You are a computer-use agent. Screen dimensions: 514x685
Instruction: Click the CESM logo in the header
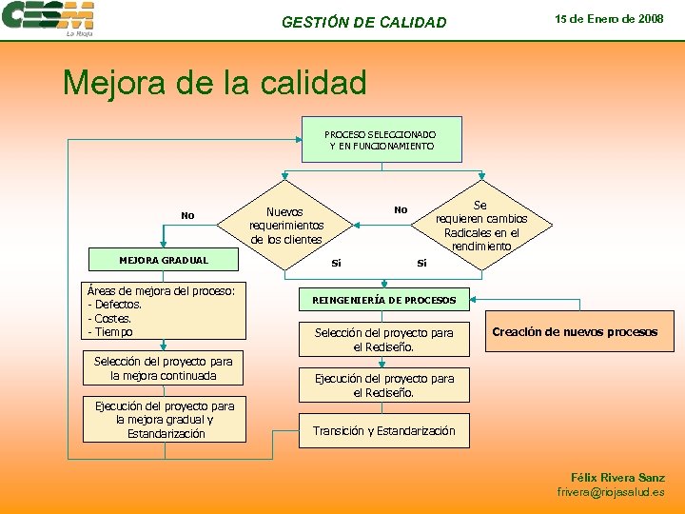(49, 18)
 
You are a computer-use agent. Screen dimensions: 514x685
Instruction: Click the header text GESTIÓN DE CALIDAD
(363, 22)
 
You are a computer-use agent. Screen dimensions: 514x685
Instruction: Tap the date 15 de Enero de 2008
(609, 19)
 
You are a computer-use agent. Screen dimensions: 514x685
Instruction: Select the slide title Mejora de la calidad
(214, 83)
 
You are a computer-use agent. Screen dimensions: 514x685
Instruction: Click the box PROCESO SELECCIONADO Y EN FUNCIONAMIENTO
(381, 140)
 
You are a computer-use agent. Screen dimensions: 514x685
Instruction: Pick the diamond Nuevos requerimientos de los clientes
(285, 226)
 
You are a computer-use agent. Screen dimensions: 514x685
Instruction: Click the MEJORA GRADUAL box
(164, 260)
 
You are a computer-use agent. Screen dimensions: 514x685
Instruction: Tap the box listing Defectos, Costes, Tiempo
(164, 310)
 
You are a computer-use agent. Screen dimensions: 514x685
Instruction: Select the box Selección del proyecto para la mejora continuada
(164, 368)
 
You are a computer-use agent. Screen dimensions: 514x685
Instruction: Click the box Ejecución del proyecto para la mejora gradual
(164, 420)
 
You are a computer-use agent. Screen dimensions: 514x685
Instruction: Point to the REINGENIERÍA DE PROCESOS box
(384, 301)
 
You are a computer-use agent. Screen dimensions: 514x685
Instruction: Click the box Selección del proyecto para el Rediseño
(384, 339)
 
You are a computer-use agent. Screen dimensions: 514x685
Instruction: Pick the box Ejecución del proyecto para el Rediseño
(384, 385)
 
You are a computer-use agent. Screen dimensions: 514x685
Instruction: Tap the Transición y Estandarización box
(384, 431)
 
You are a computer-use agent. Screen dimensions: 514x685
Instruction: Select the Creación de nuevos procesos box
(575, 332)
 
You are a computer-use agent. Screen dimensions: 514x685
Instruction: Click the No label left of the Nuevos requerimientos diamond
(187, 216)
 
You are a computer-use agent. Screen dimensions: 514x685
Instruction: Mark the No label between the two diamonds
(401, 210)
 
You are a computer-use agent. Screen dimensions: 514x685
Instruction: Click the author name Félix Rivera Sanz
(617, 477)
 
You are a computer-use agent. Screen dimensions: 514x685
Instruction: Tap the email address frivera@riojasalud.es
(611, 492)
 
